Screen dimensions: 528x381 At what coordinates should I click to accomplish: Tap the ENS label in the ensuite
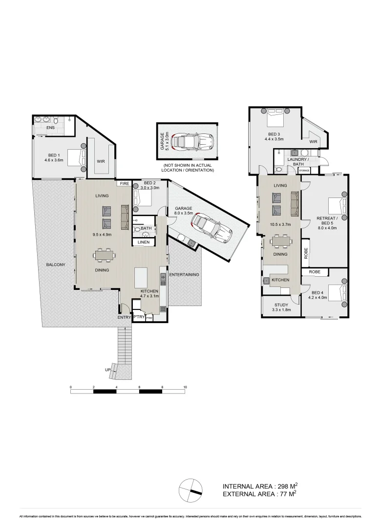50,128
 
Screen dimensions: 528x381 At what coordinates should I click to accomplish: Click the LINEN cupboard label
144,242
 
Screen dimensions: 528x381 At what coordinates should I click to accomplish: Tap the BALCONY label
56,264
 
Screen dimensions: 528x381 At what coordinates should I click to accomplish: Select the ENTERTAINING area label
184,275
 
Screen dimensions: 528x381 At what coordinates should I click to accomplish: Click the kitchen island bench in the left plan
142,278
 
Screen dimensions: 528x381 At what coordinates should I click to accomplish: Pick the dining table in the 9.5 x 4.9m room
105,255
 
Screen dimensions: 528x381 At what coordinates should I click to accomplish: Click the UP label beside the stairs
107,370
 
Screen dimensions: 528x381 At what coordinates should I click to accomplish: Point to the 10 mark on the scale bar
185,387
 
